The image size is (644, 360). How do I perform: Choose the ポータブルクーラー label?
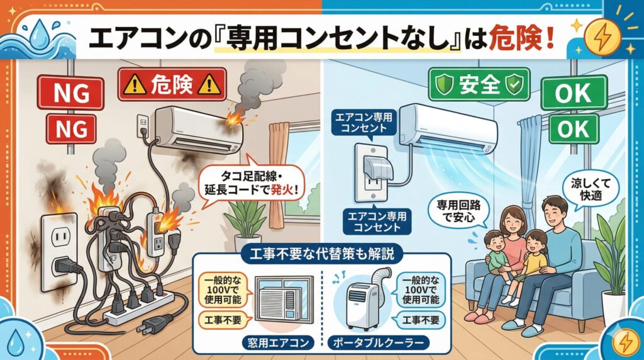point(378,343)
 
